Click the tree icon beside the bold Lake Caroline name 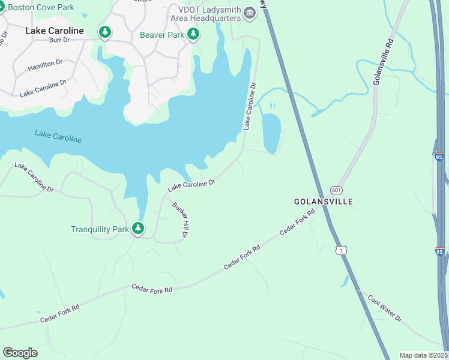click(105, 31)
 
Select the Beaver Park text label click(162, 35)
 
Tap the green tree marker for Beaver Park click(193, 34)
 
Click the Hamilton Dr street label click(45, 65)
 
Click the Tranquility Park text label click(100, 229)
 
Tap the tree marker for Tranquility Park click(138, 228)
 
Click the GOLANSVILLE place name click(323, 201)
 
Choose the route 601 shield click(336, 188)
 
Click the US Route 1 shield click(341, 250)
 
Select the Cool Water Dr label click(384, 308)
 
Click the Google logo click(20, 353)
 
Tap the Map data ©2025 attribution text click(423, 355)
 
